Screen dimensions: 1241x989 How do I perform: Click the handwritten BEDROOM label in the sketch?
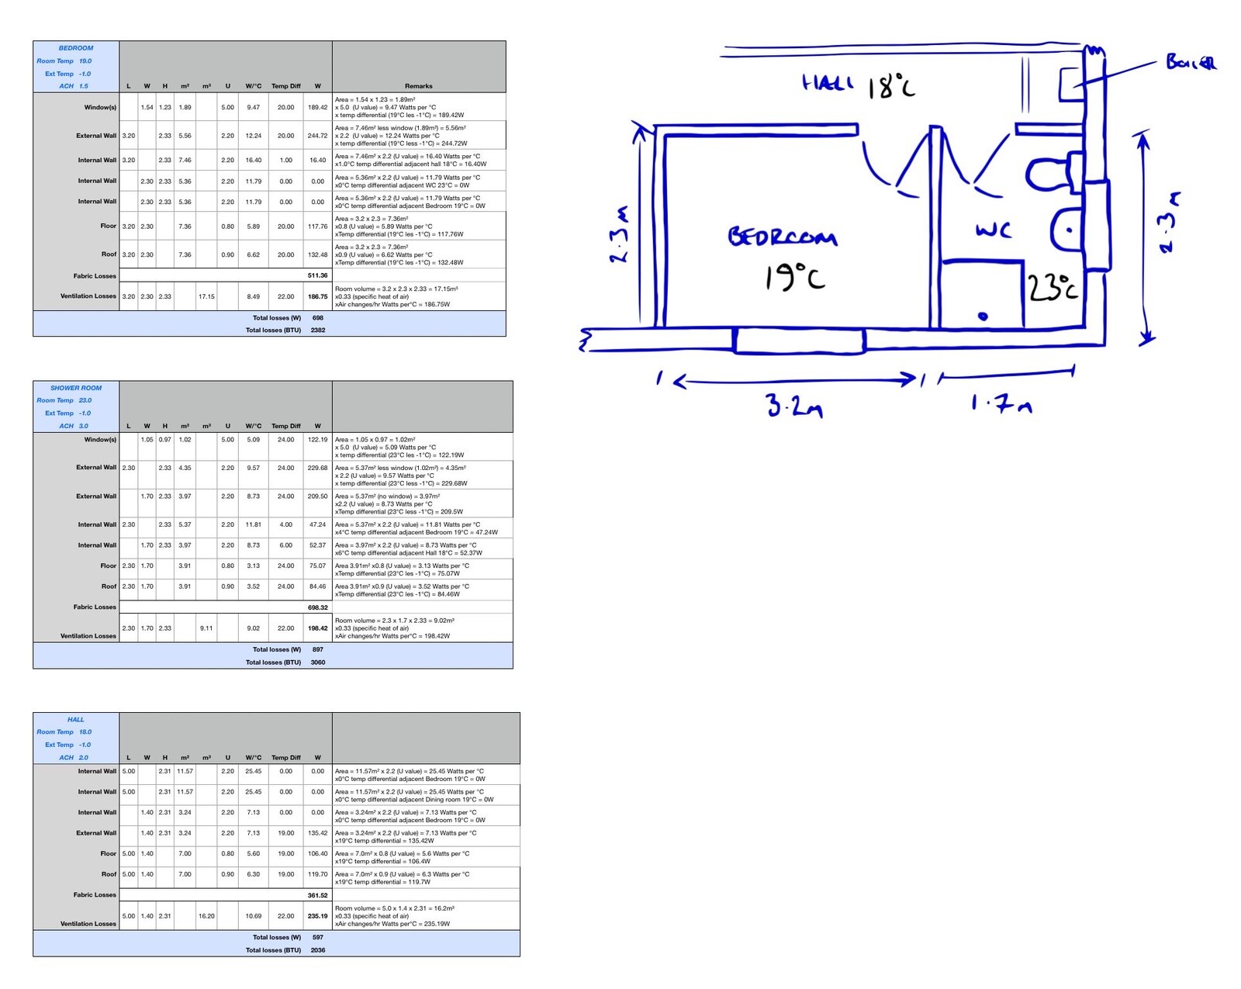coord(782,237)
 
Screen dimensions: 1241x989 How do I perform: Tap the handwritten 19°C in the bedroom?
coord(795,278)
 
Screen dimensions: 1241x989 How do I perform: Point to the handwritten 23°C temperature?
coord(1053,287)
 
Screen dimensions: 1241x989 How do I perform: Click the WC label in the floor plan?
coord(993,230)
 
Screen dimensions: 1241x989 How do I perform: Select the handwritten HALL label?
coord(828,83)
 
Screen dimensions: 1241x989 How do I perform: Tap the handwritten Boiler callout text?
coord(1191,62)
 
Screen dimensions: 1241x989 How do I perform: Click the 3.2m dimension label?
coord(794,405)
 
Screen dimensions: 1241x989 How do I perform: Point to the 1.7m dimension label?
coord(1001,403)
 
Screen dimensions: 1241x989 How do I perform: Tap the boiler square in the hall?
coord(1072,85)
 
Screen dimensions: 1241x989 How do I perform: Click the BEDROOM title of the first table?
coord(75,48)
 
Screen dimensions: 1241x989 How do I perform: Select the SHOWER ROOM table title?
coord(75,388)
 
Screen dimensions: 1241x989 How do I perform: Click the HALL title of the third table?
coord(75,719)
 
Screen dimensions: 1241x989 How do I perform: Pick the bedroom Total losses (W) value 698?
coord(318,318)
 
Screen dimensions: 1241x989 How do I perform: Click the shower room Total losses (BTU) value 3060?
coord(318,662)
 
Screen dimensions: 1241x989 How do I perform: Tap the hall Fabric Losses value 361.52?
coord(318,895)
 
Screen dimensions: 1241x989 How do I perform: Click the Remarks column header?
coord(419,86)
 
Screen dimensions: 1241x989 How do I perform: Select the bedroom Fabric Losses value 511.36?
coord(318,275)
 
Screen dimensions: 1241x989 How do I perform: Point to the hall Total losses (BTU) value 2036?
coord(318,949)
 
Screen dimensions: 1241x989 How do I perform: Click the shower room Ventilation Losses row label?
coord(88,635)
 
